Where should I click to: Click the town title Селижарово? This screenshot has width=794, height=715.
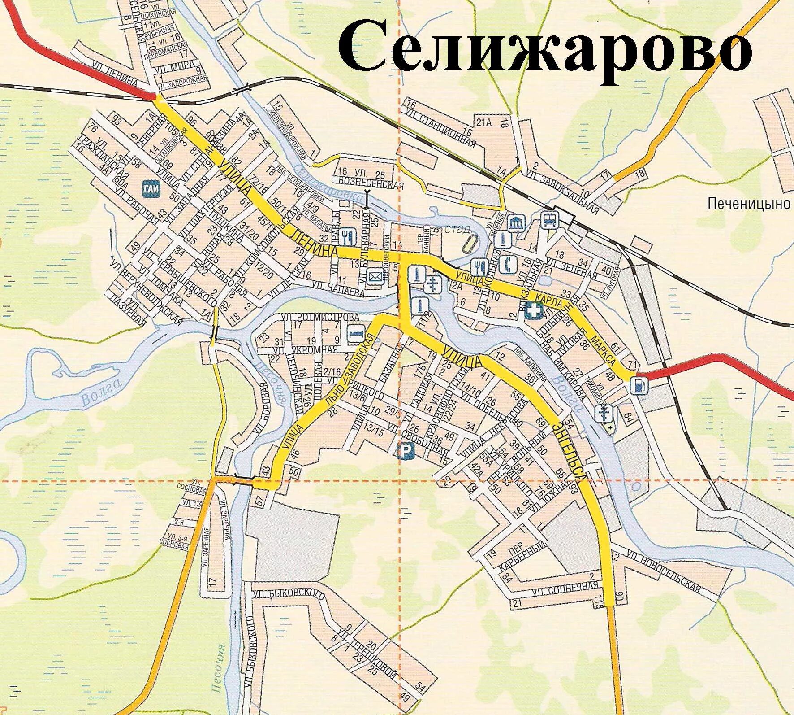pyautogui.click(x=544, y=53)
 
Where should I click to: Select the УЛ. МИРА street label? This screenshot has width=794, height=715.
pyautogui.click(x=175, y=67)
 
